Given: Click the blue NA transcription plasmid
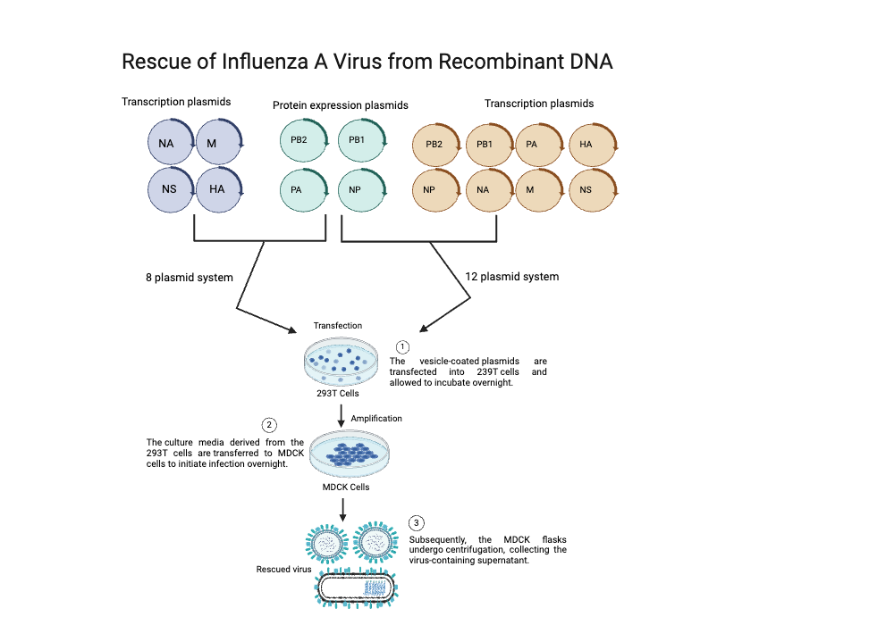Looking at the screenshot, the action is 171,142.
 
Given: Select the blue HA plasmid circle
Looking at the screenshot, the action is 220,189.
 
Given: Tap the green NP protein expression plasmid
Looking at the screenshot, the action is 362,189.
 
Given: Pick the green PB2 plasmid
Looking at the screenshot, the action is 304,140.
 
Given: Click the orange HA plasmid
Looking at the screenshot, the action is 593,145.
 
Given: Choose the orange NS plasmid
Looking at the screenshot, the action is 593,190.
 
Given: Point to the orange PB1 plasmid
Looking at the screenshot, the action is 490,145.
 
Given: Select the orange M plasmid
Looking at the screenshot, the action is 539,190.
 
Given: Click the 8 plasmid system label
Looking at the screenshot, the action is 190,278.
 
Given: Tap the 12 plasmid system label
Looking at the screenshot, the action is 512,277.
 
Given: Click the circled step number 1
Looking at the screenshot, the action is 402,346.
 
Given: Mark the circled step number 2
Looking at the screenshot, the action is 269,425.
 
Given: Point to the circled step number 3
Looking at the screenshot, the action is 417,523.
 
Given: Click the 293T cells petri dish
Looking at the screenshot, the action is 341,362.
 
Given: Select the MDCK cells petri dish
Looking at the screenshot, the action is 350,454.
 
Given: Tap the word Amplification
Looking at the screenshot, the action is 376,419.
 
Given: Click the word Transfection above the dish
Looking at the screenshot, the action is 338,326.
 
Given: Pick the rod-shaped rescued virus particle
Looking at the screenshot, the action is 356,588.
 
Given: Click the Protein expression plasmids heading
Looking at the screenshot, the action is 341,105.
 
